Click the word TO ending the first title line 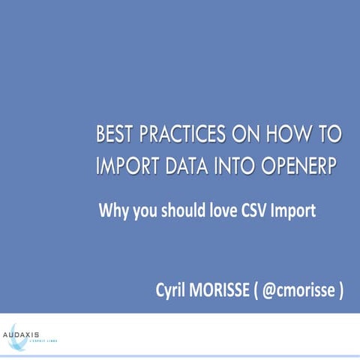[x=327, y=136]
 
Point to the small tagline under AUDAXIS [x=42, y=340]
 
